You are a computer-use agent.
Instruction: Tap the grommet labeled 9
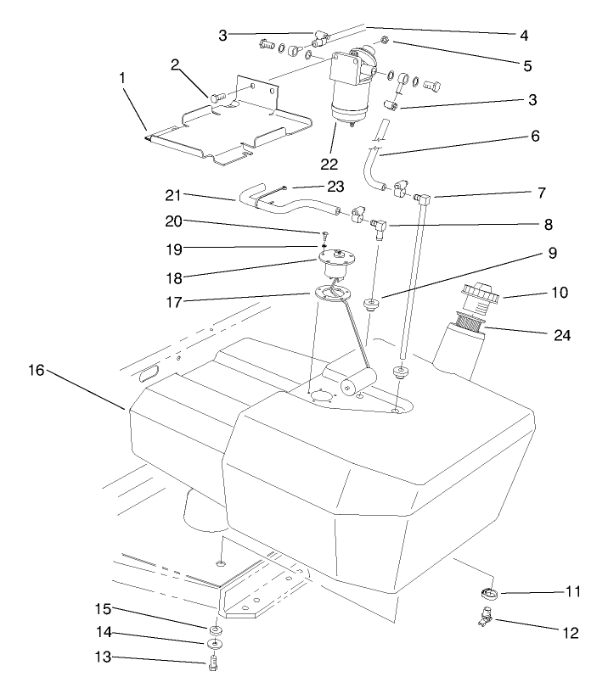(x=370, y=304)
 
